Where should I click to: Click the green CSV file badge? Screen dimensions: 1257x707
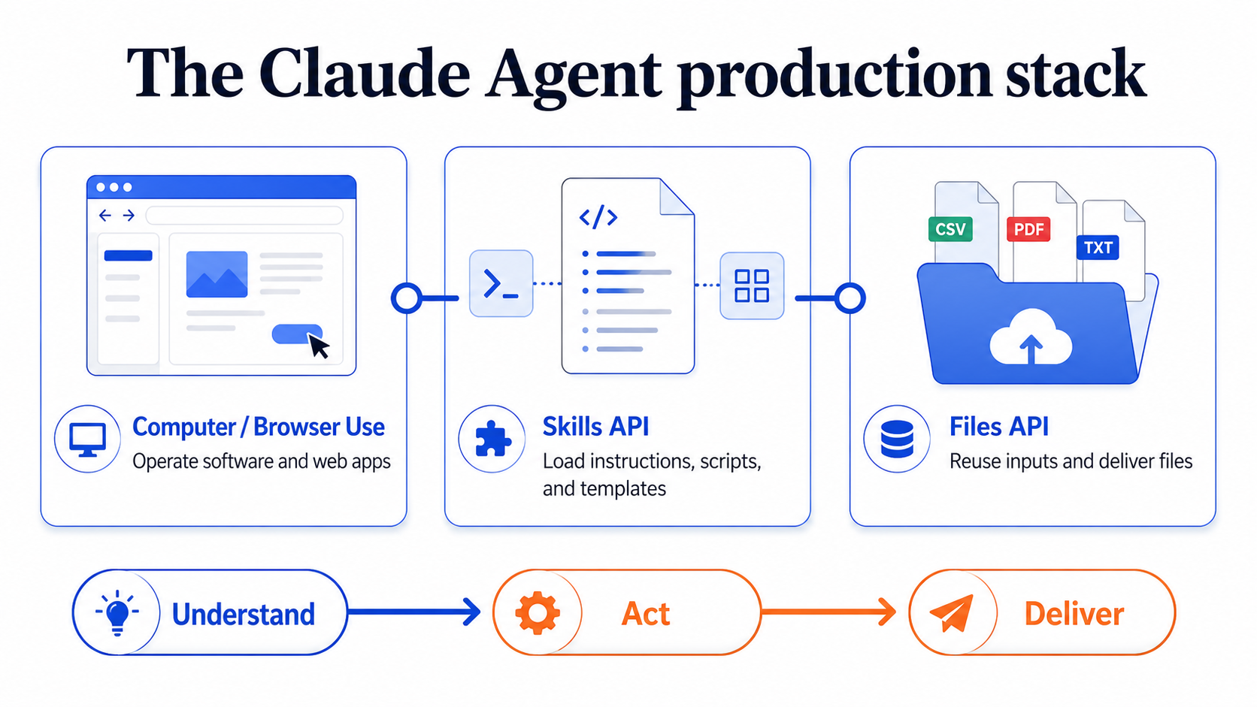point(950,228)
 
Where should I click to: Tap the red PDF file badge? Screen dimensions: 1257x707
point(1028,228)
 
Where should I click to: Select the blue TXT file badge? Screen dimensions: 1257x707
point(1098,247)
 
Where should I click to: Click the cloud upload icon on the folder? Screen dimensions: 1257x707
point(1030,337)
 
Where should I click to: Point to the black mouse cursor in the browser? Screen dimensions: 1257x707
point(319,346)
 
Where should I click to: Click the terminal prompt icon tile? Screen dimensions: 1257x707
point(501,284)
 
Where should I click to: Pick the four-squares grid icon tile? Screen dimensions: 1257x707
point(752,286)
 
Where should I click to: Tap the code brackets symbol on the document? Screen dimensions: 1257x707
point(598,217)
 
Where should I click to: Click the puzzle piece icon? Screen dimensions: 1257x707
point(492,439)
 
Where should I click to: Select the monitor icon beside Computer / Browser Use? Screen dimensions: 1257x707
point(87,440)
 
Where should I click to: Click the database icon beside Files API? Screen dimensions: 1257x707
point(897,439)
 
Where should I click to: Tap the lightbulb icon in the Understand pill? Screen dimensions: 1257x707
point(117,612)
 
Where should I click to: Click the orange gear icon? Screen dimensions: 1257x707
point(537,613)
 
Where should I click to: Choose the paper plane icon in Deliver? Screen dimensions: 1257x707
point(952,613)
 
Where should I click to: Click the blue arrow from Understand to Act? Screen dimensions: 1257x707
point(414,612)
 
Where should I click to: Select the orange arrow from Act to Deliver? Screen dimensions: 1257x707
point(828,612)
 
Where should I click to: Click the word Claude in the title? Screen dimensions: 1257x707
point(364,74)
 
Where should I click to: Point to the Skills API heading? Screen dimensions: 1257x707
point(595,427)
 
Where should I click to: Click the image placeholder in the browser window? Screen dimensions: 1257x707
point(217,274)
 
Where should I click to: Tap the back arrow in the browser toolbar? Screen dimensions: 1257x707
point(105,216)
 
